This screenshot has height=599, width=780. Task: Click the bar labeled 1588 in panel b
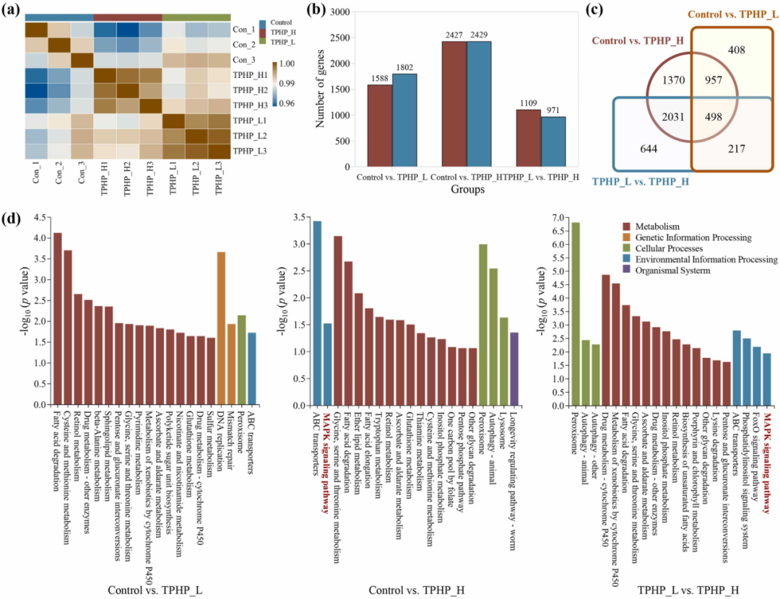(380, 126)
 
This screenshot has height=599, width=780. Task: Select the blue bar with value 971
(553, 141)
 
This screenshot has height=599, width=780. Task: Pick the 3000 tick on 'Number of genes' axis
(343, 12)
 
